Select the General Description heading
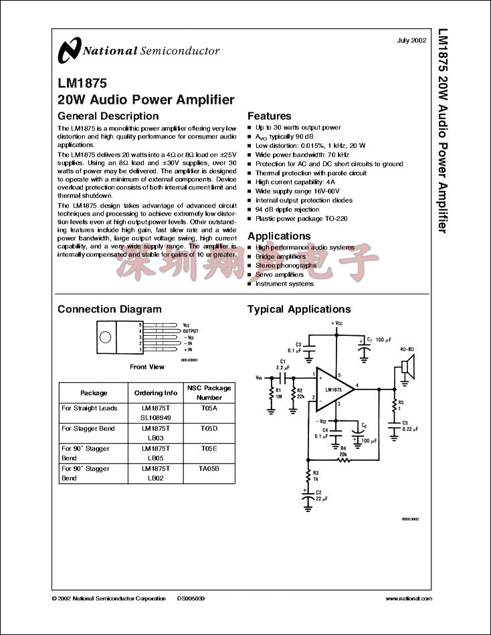coord(108,116)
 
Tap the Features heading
coord(269,116)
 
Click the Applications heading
coord(279,236)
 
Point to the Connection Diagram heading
coord(110,309)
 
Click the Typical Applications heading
coord(299,309)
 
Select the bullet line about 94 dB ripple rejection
coord(288,209)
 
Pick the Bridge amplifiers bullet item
coord(280,256)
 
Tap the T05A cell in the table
coord(209,407)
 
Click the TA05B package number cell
coord(209,468)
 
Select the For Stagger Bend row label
coord(88,428)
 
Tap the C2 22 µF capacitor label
coord(321,496)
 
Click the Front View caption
coord(146,367)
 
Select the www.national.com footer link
coord(407,598)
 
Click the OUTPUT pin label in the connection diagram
coord(191,331)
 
